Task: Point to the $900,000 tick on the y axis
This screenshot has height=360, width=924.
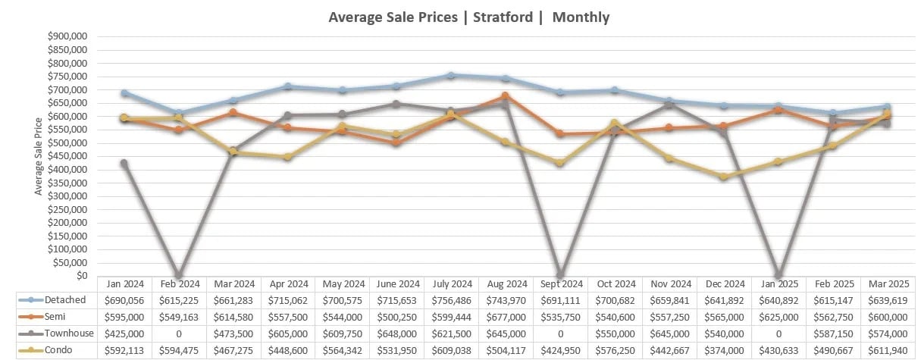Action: point(67,36)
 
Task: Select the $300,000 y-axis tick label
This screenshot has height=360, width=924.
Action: point(67,196)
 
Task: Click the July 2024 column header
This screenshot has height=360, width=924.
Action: point(452,283)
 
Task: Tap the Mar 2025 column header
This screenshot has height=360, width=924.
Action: point(888,283)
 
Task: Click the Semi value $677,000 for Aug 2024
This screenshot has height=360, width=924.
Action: point(506,317)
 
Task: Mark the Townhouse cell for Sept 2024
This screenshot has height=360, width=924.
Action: point(561,333)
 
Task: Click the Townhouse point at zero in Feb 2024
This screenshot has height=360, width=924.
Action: point(178,275)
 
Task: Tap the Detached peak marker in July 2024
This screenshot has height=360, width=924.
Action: point(451,75)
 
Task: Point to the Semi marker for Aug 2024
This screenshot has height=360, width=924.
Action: point(506,96)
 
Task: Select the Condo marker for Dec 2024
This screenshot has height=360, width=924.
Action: point(724,177)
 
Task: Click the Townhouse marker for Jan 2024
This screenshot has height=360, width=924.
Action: point(124,163)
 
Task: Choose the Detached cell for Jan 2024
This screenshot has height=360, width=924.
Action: point(124,300)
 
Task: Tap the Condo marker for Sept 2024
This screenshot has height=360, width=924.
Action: point(560,163)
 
